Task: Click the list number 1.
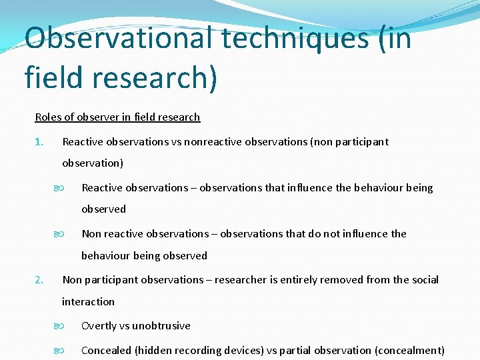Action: click(x=39, y=141)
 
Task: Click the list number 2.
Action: click(x=39, y=279)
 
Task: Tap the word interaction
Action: click(x=88, y=301)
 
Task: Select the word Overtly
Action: click(x=100, y=325)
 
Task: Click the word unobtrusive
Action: click(x=161, y=325)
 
